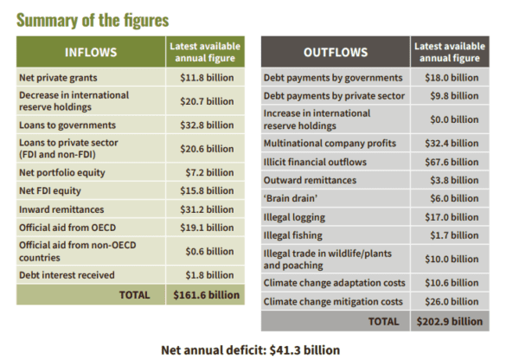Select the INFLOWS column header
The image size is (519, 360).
pos(90,51)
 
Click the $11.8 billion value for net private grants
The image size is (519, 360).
pos(204,78)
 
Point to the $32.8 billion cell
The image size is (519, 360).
pos(204,124)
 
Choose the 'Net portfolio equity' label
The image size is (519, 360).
pos(61,172)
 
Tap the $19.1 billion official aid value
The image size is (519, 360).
pos(204,229)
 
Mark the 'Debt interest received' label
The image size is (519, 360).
pos(64,275)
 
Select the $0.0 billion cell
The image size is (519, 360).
pos(452,119)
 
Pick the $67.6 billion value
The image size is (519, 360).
pos(452,162)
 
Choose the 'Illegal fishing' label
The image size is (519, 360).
pos(292,235)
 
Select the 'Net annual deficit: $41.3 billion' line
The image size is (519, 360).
pos(251,350)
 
